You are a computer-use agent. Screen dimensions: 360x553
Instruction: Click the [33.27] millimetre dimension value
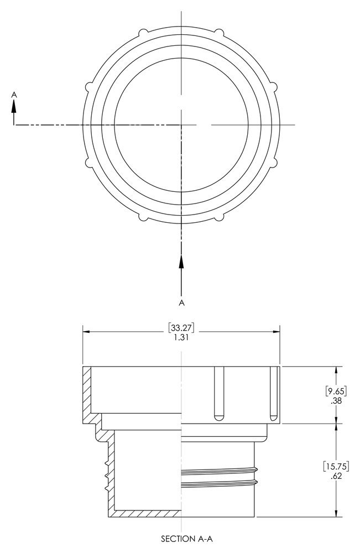click(181, 327)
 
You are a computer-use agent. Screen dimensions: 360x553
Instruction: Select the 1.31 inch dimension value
click(181, 337)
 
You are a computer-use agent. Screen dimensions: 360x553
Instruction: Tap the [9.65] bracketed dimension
click(336, 391)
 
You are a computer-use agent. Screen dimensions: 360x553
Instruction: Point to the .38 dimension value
click(336, 401)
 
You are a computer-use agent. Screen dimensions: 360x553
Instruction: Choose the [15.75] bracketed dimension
click(336, 466)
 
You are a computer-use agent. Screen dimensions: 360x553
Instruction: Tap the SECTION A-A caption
click(187, 539)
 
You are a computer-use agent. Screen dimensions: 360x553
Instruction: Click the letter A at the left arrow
click(14, 95)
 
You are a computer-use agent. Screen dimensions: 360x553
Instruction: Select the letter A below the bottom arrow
click(181, 302)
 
